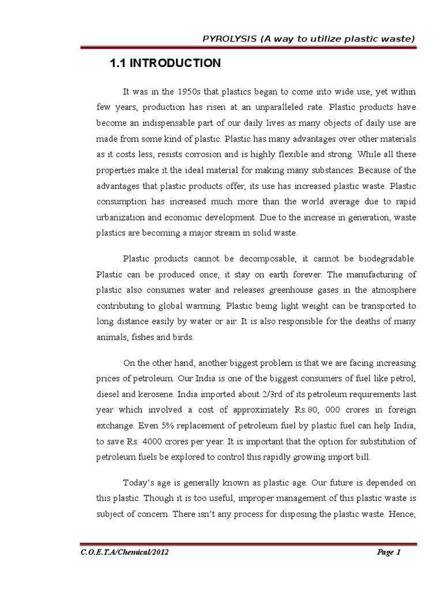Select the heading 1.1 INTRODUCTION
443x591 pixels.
165,63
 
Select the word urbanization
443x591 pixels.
122,218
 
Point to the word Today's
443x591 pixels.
140,482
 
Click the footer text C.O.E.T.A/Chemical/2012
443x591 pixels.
126,552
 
